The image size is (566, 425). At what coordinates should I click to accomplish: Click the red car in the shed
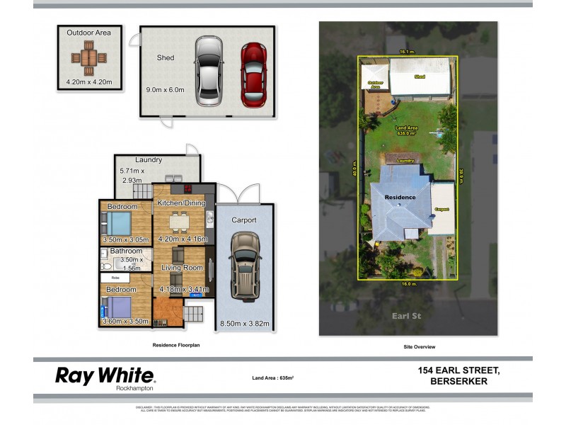click(x=253, y=74)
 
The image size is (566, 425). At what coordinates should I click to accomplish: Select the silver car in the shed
click(x=209, y=71)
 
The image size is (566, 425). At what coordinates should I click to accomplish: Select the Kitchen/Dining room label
click(x=180, y=203)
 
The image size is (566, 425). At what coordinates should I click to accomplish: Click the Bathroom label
click(x=125, y=251)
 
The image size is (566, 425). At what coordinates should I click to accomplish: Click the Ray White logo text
click(x=105, y=375)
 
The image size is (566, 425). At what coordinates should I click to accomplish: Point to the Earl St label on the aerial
click(x=407, y=315)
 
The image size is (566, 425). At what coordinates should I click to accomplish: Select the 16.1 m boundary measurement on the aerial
click(x=406, y=52)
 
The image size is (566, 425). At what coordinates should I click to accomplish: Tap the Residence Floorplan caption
click(x=176, y=345)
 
